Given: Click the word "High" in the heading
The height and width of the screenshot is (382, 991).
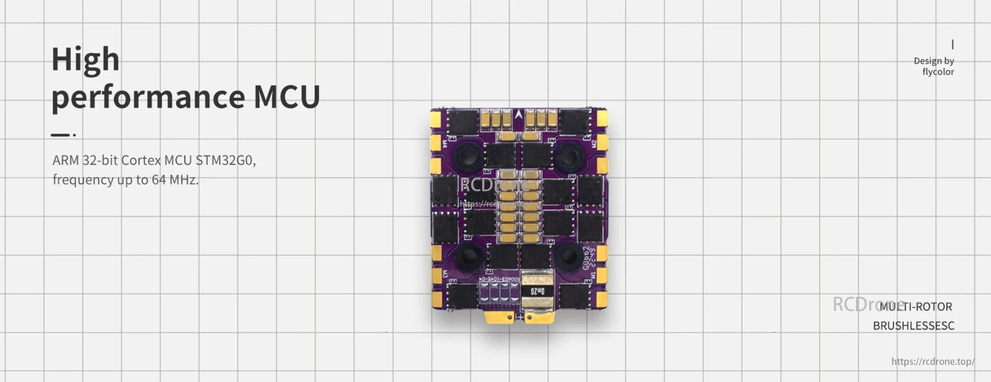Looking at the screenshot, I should click(x=85, y=60).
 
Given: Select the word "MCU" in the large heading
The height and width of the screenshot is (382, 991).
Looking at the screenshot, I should click(x=287, y=97).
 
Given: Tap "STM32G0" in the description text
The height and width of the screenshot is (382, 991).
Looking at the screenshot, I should click(x=225, y=160).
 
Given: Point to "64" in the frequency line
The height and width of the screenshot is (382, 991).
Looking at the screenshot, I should click(x=158, y=180).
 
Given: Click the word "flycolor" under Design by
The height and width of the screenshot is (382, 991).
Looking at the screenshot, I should click(x=938, y=72).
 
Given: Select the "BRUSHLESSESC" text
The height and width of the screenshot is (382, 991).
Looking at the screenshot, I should click(x=914, y=326).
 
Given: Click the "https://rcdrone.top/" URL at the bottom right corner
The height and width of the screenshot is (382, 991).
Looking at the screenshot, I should click(x=932, y=361).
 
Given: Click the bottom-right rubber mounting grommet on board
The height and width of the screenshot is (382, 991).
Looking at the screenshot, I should click(x=568, y=257).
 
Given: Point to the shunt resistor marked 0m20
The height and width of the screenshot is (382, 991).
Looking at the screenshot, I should click(x=537, y=291).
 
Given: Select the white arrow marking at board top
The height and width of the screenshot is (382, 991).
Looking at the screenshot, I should click(x=519, y=114).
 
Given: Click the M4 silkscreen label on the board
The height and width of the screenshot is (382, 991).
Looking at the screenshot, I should click(x=444, y=144).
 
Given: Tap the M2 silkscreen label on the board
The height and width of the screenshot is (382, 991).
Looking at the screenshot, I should click(x=593, y=144).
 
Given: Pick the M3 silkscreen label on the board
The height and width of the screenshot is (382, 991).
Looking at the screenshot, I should click(x=445, y=273).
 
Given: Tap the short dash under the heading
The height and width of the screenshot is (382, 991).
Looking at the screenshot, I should click(x=60, y=135).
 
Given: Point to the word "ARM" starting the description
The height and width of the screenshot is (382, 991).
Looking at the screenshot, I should click(x=66, y=160).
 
